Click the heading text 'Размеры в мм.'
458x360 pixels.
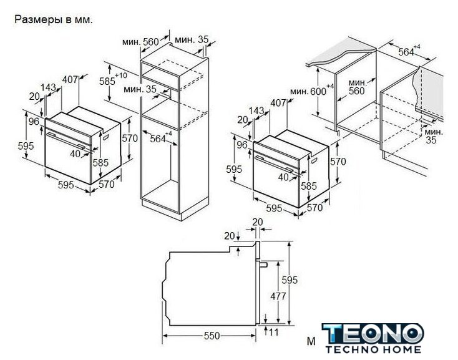coord(54,19)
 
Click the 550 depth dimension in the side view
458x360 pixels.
coord(212,336)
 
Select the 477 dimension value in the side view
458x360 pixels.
coord(278,296)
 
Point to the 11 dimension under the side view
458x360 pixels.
coord(273,333)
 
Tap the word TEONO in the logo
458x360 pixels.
coord(373,333)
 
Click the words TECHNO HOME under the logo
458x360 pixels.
coord(373,349)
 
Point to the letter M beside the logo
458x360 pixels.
coord(311,341)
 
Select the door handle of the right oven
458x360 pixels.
coord(275,164)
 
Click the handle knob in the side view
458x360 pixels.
coord(263,265)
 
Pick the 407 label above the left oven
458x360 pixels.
coord(70,79)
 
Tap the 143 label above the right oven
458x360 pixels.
coord(256,110)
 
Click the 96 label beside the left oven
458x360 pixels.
coord(34,121)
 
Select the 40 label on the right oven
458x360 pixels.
coord(283,177)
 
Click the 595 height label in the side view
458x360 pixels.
coord(290,280)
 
